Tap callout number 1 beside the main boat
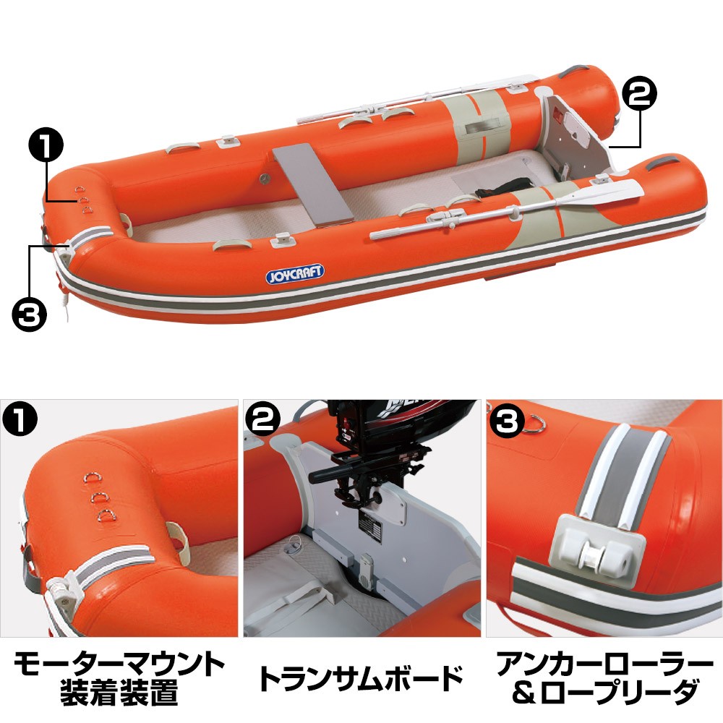point(46,144)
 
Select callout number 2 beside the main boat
point(639,93)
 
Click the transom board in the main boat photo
point(574,134)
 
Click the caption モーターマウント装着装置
point(119,677)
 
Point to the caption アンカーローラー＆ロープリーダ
point(604,677)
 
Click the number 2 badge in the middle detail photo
point(262,419)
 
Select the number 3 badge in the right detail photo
point(506,419)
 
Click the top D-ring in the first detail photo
point(90,476)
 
